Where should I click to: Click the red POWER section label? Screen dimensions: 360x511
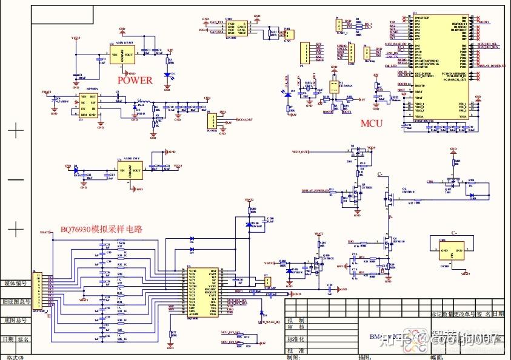[x=135, y=79]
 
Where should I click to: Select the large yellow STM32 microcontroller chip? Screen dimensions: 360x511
[x=439, y=70]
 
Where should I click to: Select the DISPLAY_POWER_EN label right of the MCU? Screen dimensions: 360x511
[x=491, y=65]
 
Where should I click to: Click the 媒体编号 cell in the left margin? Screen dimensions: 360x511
[x=16, y=283]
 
